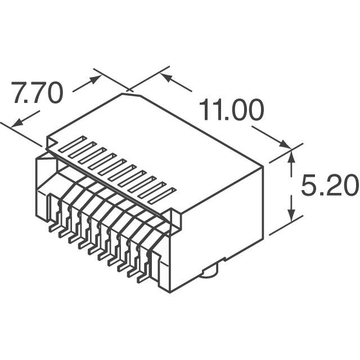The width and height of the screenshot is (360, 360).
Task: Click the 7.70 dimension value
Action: pos(38,94)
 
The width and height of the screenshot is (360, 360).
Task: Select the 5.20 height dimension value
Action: pos(330,186)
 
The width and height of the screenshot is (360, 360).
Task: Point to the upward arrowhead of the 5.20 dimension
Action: pos(291,156)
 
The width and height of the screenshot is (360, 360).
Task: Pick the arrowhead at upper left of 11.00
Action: pos(166,77)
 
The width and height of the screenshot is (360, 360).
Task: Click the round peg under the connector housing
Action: pos(209,273)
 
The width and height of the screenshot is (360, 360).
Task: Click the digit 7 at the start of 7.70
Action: pos(20,94)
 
